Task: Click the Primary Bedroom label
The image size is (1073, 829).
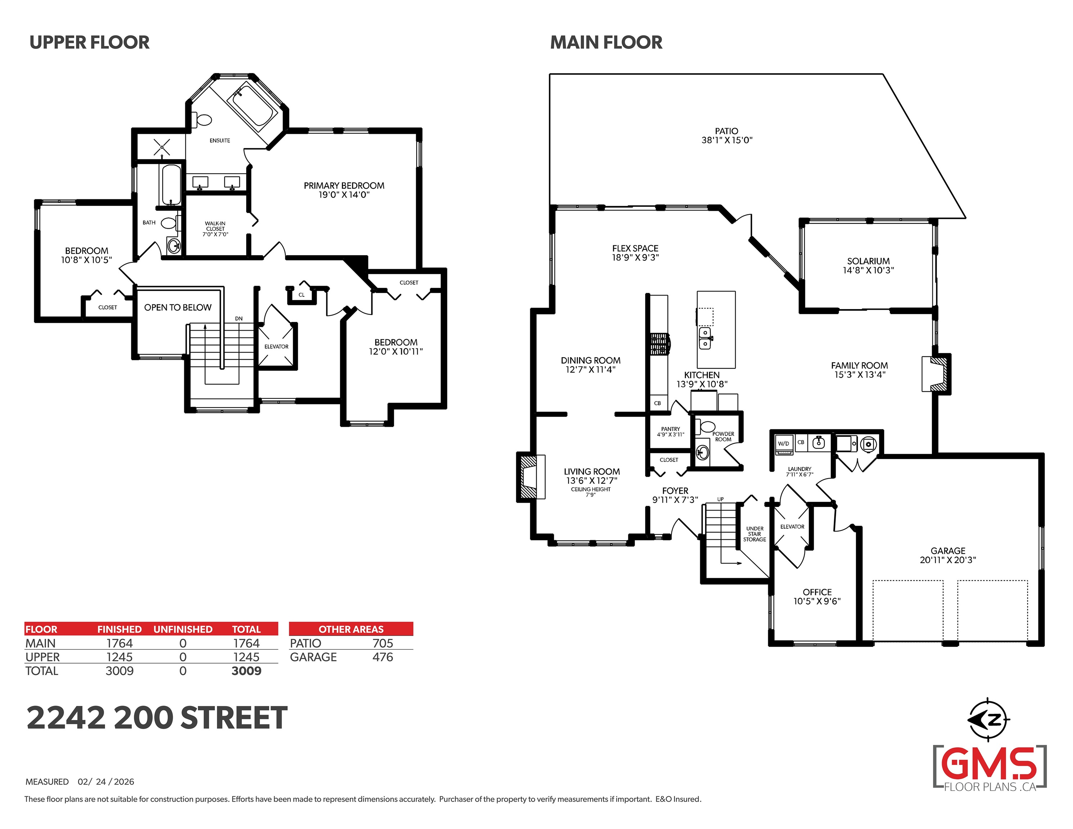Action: tap(344, 186)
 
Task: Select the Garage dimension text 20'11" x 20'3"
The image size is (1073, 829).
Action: tap(948, 560)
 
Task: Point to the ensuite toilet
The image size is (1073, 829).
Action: tap(203, 119)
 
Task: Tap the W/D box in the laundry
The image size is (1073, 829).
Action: tap(784, 444)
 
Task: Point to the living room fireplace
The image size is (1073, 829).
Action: tap(531, 477)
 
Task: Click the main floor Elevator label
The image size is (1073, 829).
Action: tap(792, 527)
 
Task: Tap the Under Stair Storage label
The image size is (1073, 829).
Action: tap(755, 534)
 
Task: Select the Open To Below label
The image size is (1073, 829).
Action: tap(178, 308)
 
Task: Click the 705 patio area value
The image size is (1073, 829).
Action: tap(383, 643)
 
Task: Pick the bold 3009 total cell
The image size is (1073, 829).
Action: tap(246, 671)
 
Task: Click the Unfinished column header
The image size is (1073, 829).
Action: tap(183, 630)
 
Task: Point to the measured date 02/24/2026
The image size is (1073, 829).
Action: tap(106, 782)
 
